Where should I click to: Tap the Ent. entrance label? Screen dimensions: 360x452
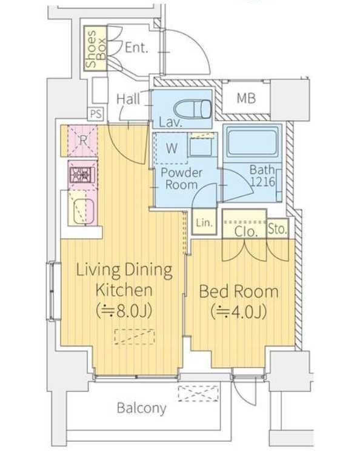pyautogui.click(x=136, y=48)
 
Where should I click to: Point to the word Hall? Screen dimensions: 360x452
pyautogui.click(x=128, y=99)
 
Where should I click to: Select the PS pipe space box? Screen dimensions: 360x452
pyautogui.click(x=95, y=113)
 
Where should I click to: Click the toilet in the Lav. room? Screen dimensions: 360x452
pyautogui.click(x=192, y=108)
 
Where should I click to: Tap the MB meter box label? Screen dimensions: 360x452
pyautogui.click(x=246, y=98)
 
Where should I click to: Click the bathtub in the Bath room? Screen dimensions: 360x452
pyautogui.click(x=253, y=142)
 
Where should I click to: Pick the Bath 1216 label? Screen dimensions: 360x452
pyautogui.click(x=262, y=176)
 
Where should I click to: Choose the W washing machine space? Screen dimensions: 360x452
pyautogui.click(x=172, y=148)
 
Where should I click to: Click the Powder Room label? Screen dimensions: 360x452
pyautogui.click(x=181, y=178)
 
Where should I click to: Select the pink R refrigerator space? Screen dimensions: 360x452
pyautogui.click(x=82, y=141)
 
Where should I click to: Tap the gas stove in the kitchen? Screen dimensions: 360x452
pyautogui.click(x=82, y=174)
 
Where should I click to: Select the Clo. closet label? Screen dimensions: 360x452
pyautogui.click(x=245, y=232)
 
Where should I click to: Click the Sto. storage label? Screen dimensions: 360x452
pyautogui.click(x=278, y=229)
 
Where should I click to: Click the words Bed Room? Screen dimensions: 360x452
pyautogui.click(x=239, y=291)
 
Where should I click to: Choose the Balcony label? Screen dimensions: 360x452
pyautogui.click(x=142, y=408)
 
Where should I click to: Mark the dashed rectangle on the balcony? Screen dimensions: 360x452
pyautogui.click(x=198, y=393)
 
